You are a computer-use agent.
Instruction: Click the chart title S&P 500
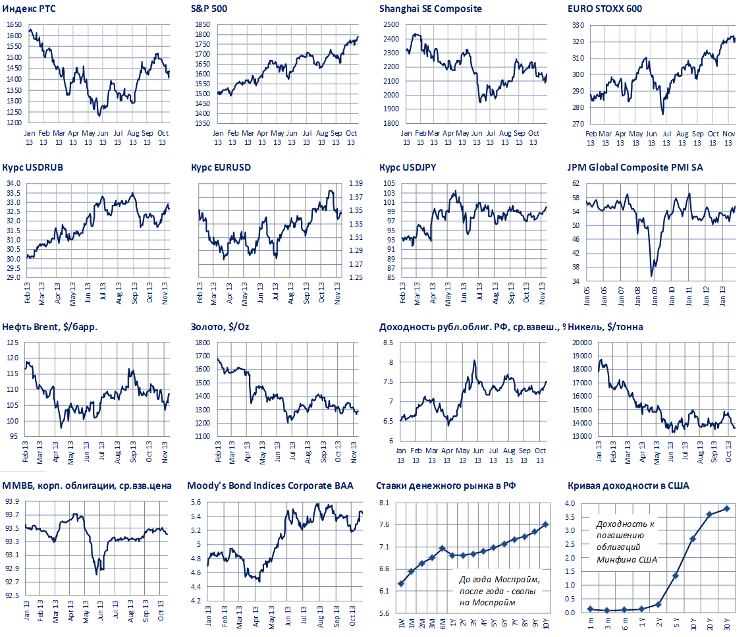[x=210, y=9]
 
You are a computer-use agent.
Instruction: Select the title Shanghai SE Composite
[x=431, y=9]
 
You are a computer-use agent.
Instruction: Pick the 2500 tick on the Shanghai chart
[x=390, y=24]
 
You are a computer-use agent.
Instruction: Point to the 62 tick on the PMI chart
[x=574, y=183]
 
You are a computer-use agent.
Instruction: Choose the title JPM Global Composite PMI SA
[x=635, y=167]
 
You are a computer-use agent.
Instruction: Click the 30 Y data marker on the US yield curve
[x=726, y=509]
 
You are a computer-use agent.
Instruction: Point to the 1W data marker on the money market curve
[x=401, y=584]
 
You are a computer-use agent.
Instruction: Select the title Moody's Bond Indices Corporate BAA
[x=270, y=485]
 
